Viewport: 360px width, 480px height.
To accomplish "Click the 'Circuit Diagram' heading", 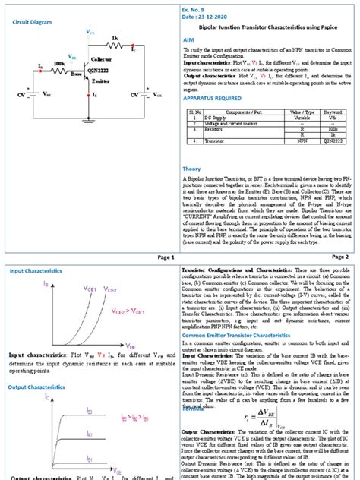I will pyautogui.click(x=33, y=21).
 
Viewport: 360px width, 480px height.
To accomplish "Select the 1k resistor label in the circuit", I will pyautogui.click(x=115, y=37).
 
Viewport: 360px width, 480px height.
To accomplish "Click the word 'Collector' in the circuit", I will pyautogui.click(x=102, y=59).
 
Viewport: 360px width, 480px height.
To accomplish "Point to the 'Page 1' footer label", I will pyautogui.click(x=166, y=257).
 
